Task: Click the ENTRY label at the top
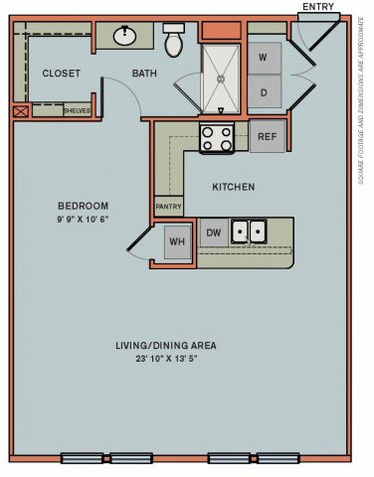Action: [318, 7]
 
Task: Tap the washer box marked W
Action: [264, 57]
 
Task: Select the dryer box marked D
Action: [264, 92]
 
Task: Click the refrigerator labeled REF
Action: [267, 137]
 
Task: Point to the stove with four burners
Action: [216, 137]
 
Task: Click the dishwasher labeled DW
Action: [212, 232]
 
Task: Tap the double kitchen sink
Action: [249, 232]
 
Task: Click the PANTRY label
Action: [168, 208]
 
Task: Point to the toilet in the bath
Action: [174, 41]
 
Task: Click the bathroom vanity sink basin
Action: [126, 37]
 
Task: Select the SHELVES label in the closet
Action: [77, 110]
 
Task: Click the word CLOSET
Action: [61, 74]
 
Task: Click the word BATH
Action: [145, 74]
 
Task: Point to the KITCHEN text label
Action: [234, 187]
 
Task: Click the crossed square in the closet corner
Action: [21, 110]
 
